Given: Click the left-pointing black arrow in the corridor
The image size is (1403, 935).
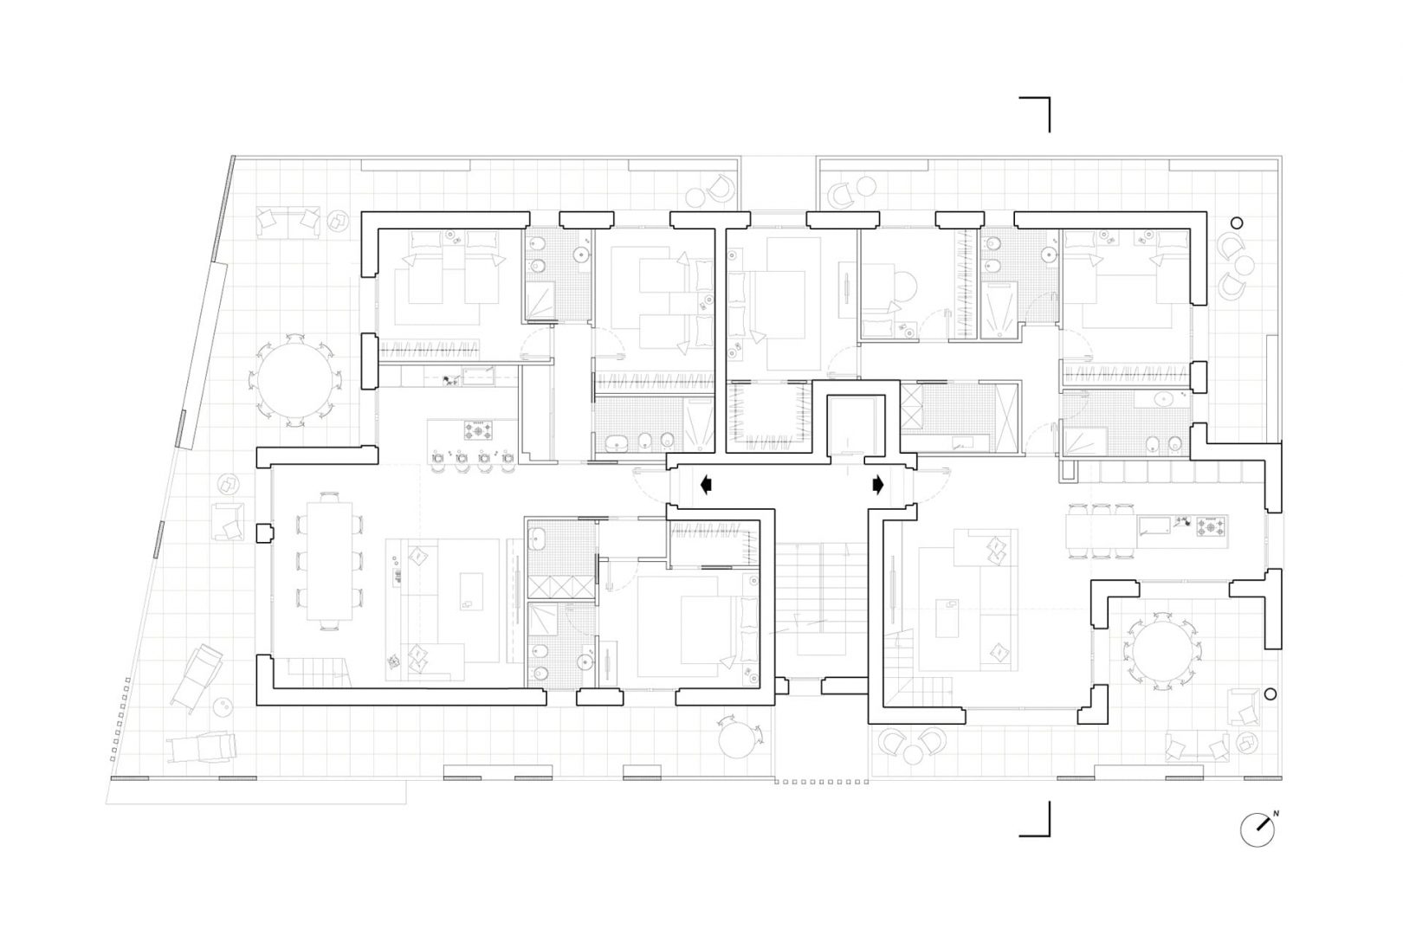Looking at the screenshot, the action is coord(706,484).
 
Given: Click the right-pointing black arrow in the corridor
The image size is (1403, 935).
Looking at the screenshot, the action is coord(877,484).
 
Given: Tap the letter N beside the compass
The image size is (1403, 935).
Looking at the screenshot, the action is coord(1276,814).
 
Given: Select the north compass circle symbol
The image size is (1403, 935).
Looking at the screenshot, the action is coord(1257,829).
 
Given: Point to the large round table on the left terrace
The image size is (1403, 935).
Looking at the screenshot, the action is coord(295,380).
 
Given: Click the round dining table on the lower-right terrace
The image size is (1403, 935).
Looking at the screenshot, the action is coord(1163,651).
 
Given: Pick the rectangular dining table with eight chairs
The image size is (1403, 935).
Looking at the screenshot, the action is coord(329,560).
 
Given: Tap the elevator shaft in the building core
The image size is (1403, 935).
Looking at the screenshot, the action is coord(855,425).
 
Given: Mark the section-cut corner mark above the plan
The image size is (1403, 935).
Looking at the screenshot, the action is coord(1035,114).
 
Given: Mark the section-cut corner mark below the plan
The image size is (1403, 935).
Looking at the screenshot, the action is coord(1035,818).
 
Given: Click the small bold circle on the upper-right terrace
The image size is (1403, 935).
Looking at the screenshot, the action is coord(1237,222).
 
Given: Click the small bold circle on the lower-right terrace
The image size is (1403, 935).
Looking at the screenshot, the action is coord(1270,694).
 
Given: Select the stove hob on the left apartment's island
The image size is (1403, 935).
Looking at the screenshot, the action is coord(478,430).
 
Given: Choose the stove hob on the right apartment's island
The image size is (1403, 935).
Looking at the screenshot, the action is coord(1211,526).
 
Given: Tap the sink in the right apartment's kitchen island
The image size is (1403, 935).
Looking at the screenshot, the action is coord(1154,526).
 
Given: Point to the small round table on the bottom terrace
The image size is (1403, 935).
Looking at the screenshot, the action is coord(739,741).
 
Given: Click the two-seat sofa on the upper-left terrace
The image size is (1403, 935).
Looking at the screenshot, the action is coord(288,222).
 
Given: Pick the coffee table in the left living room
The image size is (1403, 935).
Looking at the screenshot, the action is coord(472,591).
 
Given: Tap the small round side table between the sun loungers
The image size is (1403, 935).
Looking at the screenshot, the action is coord(223,707).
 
